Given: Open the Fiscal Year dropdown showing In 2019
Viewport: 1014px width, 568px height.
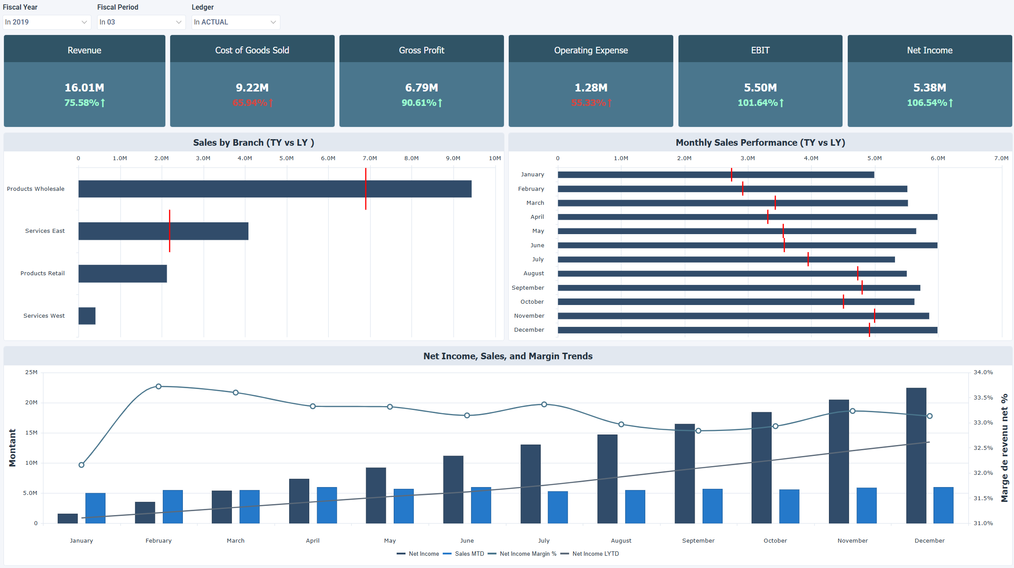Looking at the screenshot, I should pyautogui.click(x=46, y=22).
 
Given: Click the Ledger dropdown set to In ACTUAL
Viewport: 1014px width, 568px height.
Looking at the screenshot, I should pyautogui.click(x=235, y=22).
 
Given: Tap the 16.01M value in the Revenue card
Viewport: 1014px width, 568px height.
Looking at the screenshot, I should pyautogui.click(x=84, y=88).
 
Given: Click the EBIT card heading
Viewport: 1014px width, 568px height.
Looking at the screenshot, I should pyautogui.click(x=760, y=50).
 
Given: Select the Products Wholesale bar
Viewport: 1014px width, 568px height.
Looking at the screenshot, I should pyautogui.click(x=275, y=189).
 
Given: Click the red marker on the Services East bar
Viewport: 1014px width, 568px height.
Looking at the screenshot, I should pyautogui.click(x=170, y=231).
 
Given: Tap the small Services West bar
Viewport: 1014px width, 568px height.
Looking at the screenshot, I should pyautogui.click(x=87, y=316).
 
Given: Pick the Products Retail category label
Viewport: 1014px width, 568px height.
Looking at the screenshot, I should pyautogui.click(x=42, y=273).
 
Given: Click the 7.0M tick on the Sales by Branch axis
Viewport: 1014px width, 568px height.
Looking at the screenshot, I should pyautogui.click(x=370, y=158).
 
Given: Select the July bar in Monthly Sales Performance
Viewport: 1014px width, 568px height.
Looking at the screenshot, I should pyautogui.click(x=726, y=259).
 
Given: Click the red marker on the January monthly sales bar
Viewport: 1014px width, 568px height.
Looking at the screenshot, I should pyautogui.click(x=731, y=175).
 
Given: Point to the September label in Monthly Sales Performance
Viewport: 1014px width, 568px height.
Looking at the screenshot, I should pyautogui.click(x=528, y=288).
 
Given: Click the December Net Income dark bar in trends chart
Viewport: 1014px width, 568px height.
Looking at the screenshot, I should pyautogui.click(x=916, y=455).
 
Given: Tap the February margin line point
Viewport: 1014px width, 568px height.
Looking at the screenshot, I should pyautogui.click(x=159, y=386).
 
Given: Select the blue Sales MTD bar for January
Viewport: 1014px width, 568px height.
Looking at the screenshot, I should pyautogui.click(x=95, y=508).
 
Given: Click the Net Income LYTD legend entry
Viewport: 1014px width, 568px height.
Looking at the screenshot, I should pyautogui.click(x=595, y=554).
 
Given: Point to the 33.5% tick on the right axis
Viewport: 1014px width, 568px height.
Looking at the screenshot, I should pyautogui.click(x=983, y=398).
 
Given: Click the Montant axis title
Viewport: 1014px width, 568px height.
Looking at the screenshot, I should pyautogui.click(x=12, y=447).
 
